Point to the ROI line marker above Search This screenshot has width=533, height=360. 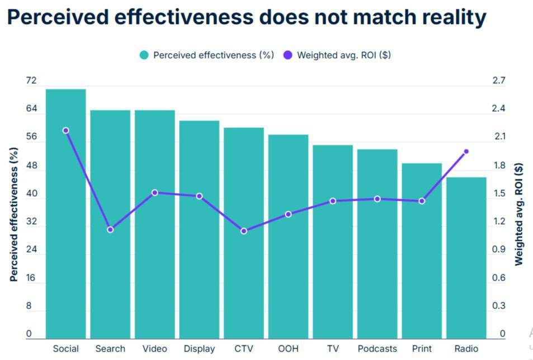(x=110, y=230)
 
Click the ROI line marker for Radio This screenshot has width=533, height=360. (x=466, y=151)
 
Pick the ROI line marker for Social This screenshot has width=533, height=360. (x=65, y=130)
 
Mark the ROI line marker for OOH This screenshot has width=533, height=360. (x=288, y=214)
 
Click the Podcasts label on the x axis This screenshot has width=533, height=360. (x=377, y=349)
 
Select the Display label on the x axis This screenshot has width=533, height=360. (x=199, y=349)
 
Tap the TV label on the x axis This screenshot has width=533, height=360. (x=333, y=349)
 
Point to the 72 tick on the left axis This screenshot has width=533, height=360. (x=31, y=81)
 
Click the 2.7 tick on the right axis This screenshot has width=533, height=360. (x=498, y=81)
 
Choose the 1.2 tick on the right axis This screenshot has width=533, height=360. (x=498, y=221)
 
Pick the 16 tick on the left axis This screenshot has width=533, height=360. (x=31, y=278)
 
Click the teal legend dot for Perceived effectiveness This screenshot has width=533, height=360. (x=144, y=55)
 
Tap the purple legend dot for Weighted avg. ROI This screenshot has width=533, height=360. (x=288, y=55)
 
